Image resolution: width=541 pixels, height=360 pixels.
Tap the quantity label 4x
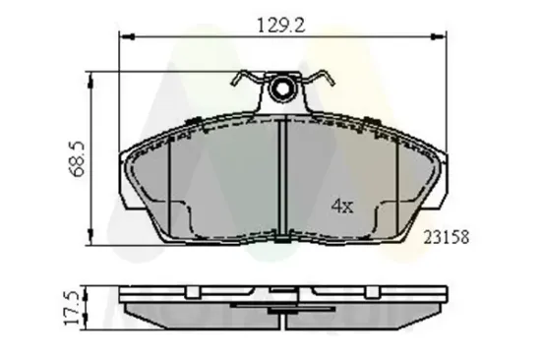click(x=340, y=209)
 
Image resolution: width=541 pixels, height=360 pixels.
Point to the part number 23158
click(x=445, y=237)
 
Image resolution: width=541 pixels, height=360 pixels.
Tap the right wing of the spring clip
click(x=325, y=81)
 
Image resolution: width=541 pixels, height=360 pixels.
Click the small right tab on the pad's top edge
click(x=372, y=123)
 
